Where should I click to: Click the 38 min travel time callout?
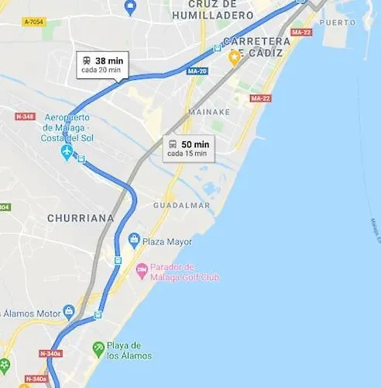101,64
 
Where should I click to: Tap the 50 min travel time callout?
188,147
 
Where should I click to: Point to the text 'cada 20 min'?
101,70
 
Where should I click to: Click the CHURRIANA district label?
81,218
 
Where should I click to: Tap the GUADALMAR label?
182,205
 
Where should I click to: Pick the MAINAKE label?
210,111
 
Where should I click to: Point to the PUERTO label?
338,23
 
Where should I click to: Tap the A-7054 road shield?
33,23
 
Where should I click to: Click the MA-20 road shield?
197,71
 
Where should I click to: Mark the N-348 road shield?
25,116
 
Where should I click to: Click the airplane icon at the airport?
67,151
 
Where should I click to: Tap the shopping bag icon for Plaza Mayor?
134,241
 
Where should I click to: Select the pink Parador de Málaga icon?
142,271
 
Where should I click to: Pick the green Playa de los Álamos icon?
98,348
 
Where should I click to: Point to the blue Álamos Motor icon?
69,313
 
